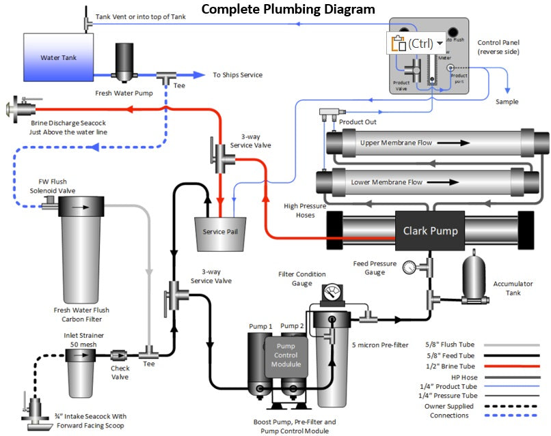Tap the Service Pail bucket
(x=219, y=231)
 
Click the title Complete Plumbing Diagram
(x=288, y=9)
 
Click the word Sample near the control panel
(x=507, y=102)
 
